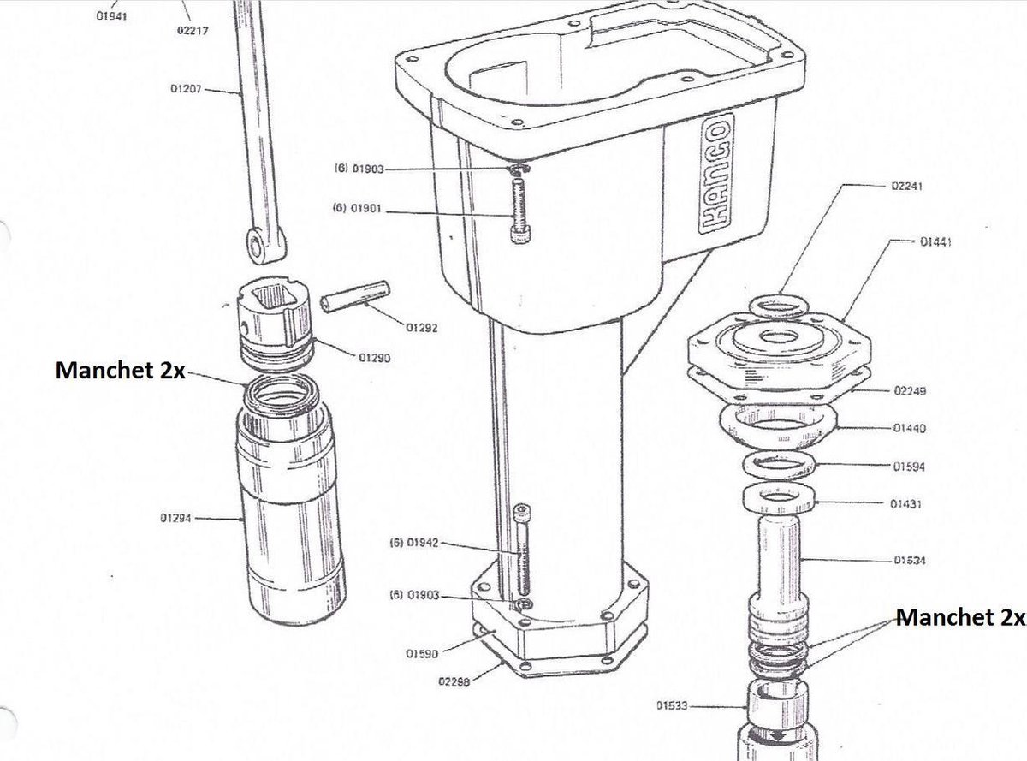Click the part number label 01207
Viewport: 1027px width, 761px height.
click(x=185, y=89)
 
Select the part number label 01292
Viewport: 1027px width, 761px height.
click(x=422, y=328)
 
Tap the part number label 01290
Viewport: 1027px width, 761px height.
click(x=375, y=359)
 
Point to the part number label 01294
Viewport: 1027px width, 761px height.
click(x=176, y=518)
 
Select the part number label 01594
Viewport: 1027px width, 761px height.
click(x=907, y=467)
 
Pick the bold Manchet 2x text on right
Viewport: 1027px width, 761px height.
click(x=959, y=617)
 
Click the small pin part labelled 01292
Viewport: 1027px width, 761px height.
click(x=355, y=295)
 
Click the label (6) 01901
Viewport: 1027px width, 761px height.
click(x=357, y=208)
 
